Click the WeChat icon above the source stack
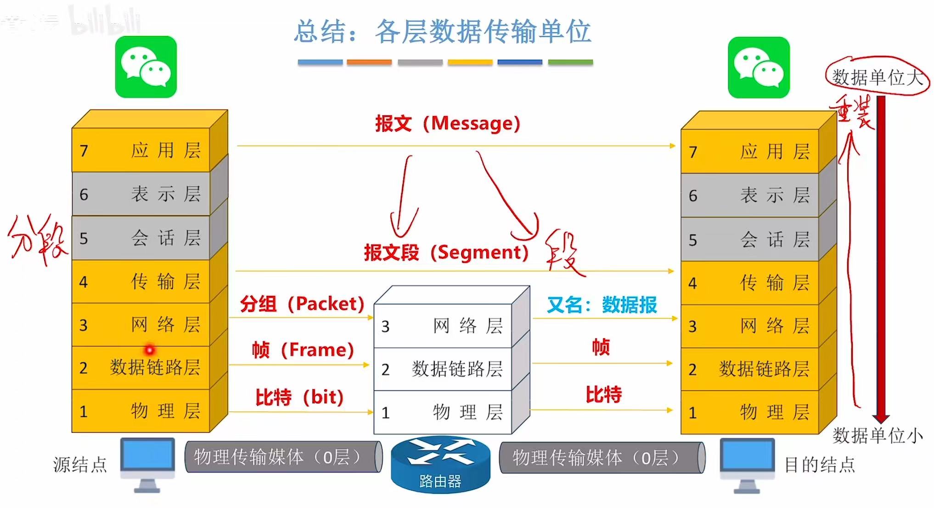point(146,67)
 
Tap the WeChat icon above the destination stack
point(759,67)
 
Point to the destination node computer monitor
point(747,461)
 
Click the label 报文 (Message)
point(447,123)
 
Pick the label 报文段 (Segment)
point(446,252)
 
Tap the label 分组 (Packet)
point(302,304)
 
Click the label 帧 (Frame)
point(303,350)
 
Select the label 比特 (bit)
point(299,397)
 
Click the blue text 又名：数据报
point(602,305)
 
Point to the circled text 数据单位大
point(877,77)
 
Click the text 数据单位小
point(878,435)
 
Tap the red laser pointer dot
point(149,350)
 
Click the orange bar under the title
point(369,62)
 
